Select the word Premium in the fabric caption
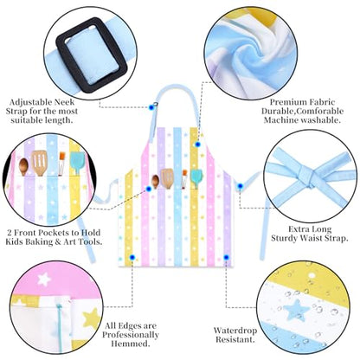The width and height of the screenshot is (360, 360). [x=289, y=102]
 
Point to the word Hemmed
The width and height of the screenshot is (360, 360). [x=130, y=344]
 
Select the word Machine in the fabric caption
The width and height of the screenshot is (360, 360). [x=281, y=120]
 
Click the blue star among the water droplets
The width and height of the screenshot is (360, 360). [x=296, y=310]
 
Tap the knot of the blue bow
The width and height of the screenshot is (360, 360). [x=307, y=177]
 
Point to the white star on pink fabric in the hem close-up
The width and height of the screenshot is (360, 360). [x=44, y=279]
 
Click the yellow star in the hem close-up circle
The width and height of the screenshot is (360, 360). [x=92, y=319]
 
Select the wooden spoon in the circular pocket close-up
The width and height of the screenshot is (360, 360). [x=23, y=166]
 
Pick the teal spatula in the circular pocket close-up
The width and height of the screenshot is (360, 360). [x=77, y=163]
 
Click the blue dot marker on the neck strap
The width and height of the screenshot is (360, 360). [x=151, y=107]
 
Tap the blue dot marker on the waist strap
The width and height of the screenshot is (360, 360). [x=240, y=186]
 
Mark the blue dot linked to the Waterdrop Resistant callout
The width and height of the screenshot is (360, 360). [x=227, y=257]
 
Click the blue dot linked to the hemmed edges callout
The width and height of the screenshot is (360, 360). [x=132, y=257]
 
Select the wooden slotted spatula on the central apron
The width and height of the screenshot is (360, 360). [x=167, y=177]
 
